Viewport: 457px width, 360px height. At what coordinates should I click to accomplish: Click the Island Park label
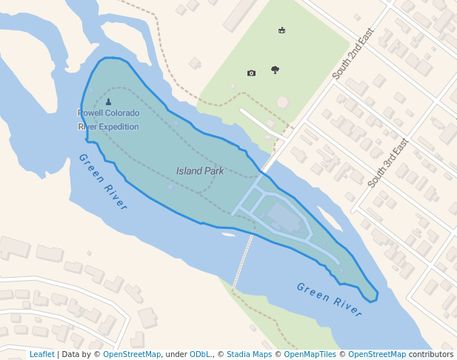[x=200, y=171]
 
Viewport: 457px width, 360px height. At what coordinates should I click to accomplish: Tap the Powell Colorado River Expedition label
[x=108, y=119]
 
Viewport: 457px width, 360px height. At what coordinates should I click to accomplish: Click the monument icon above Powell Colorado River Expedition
[x=109, y=102]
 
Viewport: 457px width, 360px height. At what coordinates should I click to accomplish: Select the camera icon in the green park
[x=251, y=73]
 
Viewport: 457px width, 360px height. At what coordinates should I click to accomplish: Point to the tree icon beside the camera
[x=275, y=70]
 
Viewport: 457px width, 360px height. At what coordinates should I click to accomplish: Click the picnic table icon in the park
[x=281, y=30]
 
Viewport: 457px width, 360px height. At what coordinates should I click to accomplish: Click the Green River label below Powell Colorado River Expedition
[x=103, y=181]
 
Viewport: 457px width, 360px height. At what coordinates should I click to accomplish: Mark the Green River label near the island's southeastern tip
[x=330, y=299]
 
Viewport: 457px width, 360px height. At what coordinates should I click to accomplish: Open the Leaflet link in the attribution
[x=41, y=355]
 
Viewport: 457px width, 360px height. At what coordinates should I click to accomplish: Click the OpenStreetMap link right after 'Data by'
[x=132, y=355]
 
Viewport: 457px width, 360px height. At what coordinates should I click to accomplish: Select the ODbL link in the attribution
[x=200, y=355]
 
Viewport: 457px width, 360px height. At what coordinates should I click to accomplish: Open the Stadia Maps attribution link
[x=249, y=355]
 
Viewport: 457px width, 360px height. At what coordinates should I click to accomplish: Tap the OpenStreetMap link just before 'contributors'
[x=377, y=355]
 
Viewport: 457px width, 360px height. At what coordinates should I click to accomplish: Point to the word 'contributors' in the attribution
[x=431, y=355]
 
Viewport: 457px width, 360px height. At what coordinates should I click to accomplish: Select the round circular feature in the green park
[x=282, y=102]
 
